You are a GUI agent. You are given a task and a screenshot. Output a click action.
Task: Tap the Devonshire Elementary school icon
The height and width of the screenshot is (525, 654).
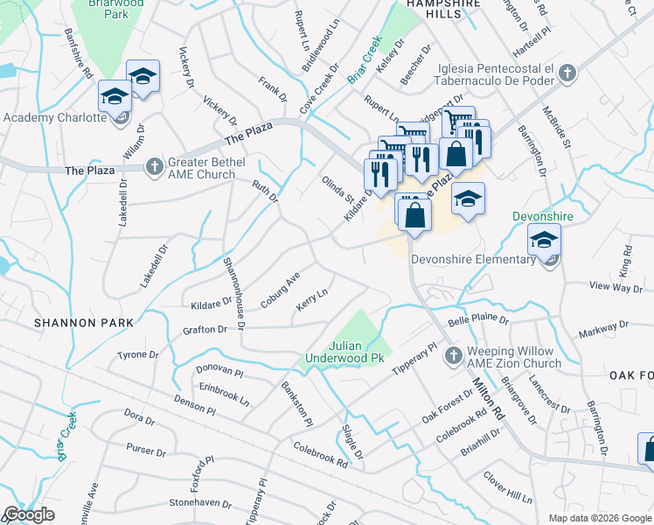pos(545,241)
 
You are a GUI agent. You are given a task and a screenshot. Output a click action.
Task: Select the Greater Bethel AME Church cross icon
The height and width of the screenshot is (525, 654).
pos(155,164)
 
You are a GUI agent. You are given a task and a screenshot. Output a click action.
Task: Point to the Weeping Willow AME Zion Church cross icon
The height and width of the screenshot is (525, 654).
pos(453,356)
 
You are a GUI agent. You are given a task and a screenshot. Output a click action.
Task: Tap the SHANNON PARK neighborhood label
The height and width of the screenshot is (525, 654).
pos(84,323)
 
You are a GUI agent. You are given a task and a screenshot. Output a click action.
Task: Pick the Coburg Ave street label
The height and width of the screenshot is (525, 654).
pos(280,289)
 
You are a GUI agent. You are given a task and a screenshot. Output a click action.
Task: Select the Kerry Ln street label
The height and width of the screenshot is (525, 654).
pos(311,304)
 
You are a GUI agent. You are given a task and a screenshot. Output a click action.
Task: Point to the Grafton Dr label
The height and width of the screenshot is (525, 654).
pos(204,329)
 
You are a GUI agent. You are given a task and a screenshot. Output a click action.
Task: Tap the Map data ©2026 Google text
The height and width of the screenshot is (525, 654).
pos(599,518)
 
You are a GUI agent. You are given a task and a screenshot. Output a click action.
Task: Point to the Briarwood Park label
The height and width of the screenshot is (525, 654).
pos(123,7)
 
